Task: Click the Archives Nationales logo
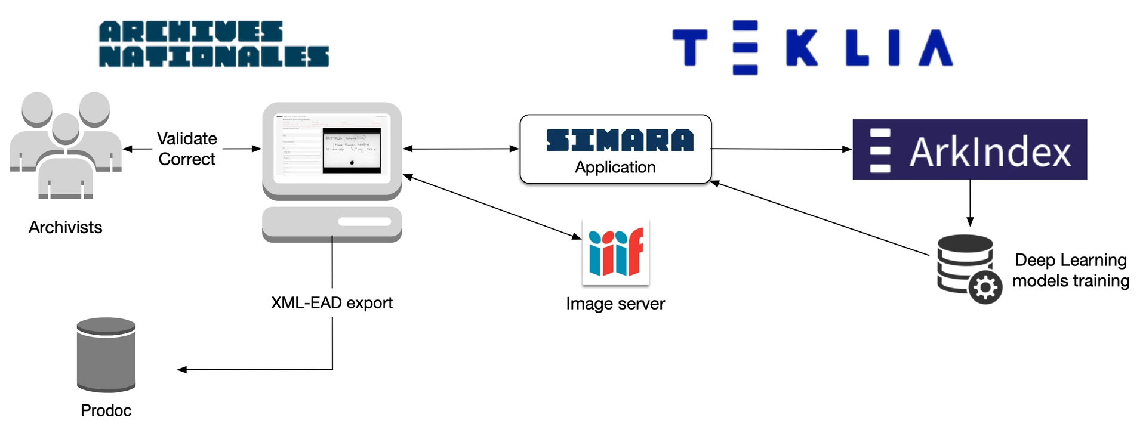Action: click(x=214, y=44)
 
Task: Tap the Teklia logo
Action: click(x=812, y=47)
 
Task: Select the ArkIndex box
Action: click(x=969, y=150)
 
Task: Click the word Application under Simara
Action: click(x=615, y=168)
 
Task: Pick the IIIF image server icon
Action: click(x=615, y=252)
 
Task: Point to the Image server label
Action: click(x=615, y=304)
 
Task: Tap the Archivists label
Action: click(x=66, y=227)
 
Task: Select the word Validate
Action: click(x=187, y=138)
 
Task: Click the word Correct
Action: click(x=187, y=159)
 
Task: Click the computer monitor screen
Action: click(x=332, y=148)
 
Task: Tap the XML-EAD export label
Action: click(x=332, y=303)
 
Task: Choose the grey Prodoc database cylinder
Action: click(x=106, y=354)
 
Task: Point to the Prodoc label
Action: click(x=106, y=410)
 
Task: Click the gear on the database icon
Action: click(x=985, y=287)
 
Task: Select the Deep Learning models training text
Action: click(x=1071, y=270)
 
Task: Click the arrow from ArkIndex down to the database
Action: click(x=970, y=203)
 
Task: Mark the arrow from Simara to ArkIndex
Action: click(x=781, y=149)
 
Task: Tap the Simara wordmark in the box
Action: click(x=620, y=140)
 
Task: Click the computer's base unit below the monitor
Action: click(x=332, y=223)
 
